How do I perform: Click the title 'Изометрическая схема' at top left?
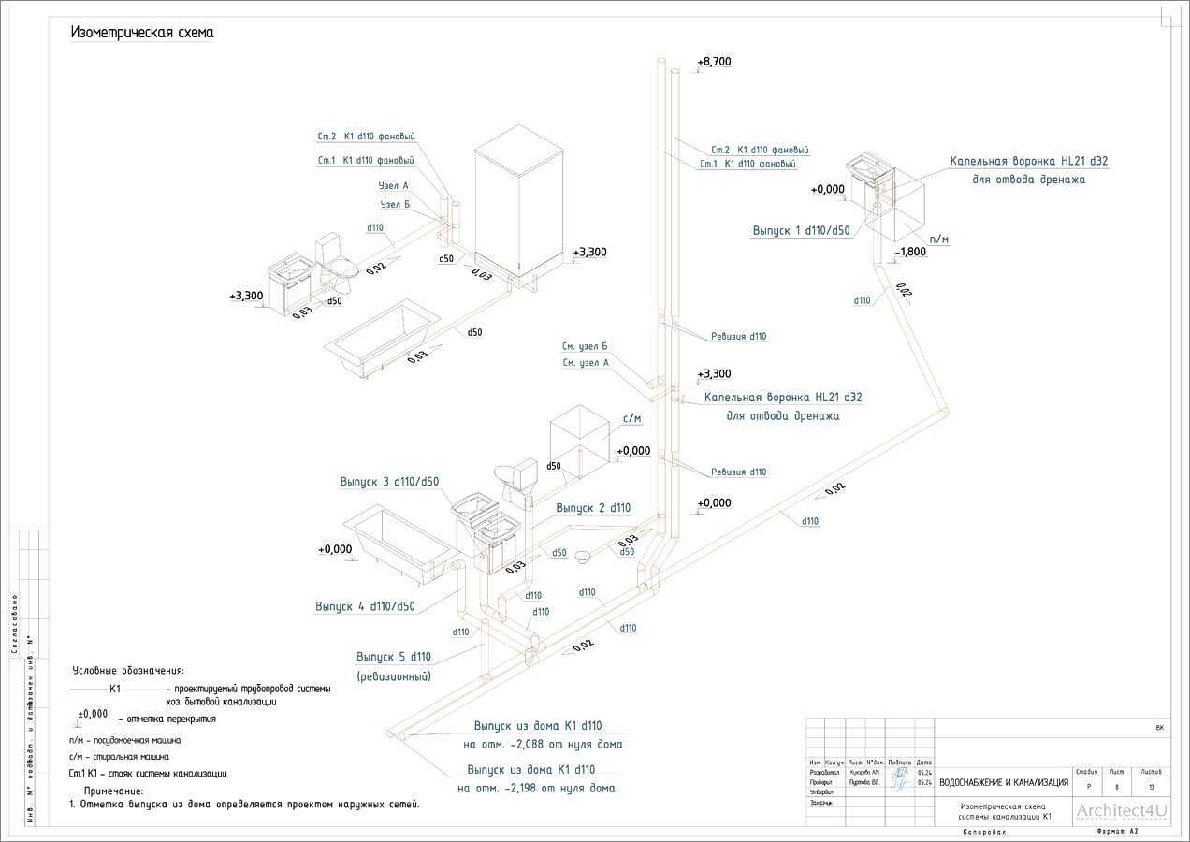(x=143, y=33)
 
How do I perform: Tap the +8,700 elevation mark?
(x=715, y=62)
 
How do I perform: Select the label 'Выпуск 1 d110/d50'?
(x=802, y=229)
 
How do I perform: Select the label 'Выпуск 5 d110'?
(x=394, y=656)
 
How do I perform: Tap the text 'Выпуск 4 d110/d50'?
(x=365, y=606)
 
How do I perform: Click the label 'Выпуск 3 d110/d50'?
(x=389, y=482)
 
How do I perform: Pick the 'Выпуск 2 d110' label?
(x=593, y=508)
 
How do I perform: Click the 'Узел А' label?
(x=394, y=186)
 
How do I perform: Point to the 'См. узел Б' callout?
(x=586, y=346)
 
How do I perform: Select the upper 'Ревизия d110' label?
(x=739, y=336)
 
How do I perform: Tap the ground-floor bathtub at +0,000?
(x=396, y=535)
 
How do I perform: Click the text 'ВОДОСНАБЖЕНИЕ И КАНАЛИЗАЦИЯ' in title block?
(x=1004, y=782)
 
